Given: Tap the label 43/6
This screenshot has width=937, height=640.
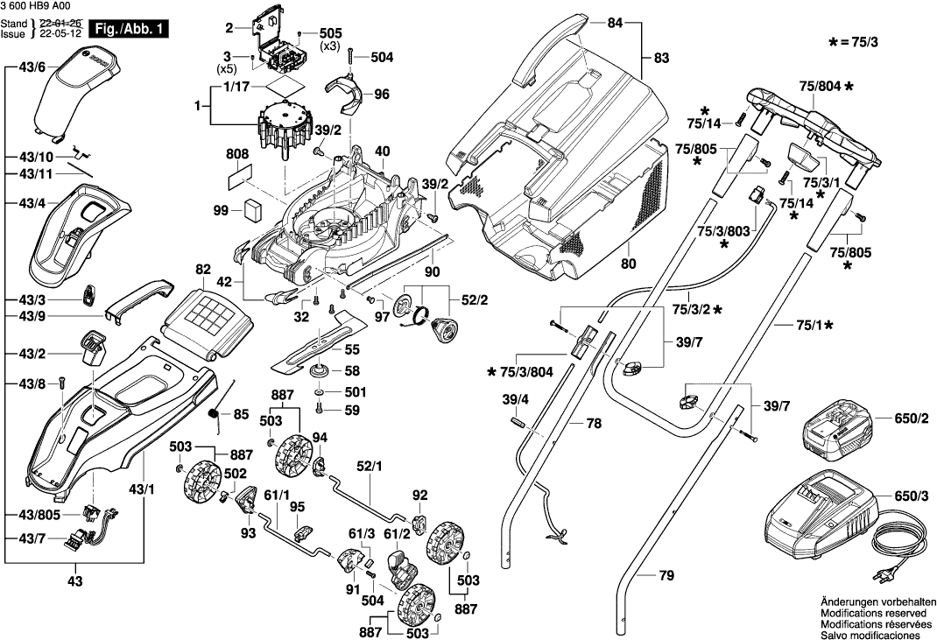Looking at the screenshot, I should tap(30, 66).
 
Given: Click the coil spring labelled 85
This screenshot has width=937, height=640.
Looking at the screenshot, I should tap(215, 413).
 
